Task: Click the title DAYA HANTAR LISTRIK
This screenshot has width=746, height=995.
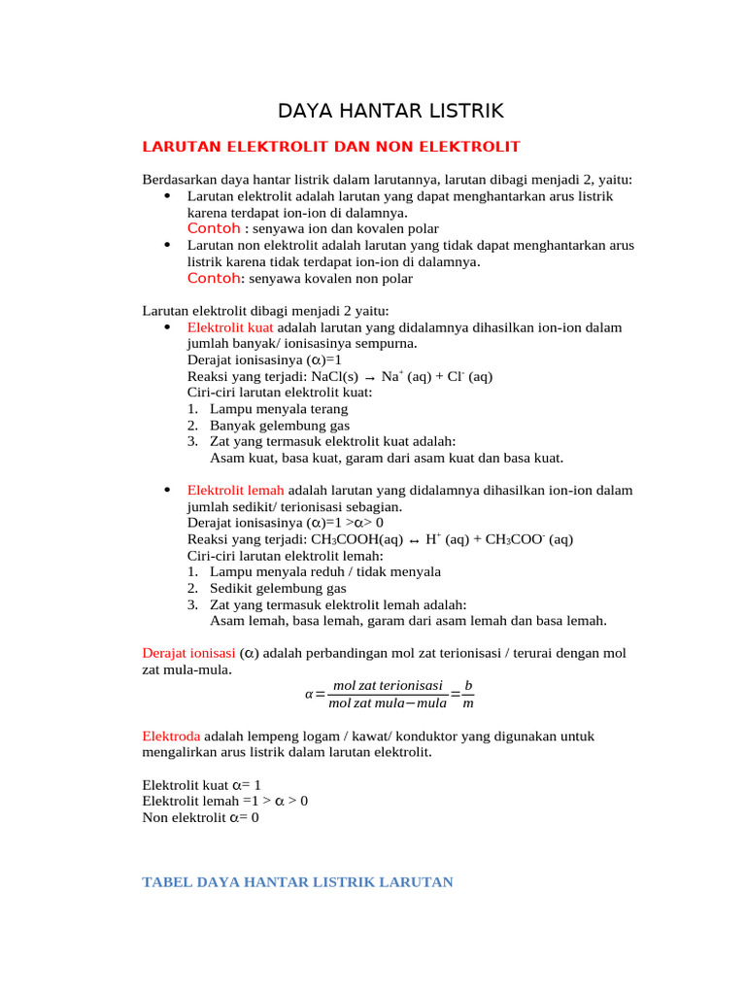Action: [391, 111]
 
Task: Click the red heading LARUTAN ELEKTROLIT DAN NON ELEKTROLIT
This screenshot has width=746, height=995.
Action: [331, 147]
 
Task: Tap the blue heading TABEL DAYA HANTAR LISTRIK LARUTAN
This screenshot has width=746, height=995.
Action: [298, 882]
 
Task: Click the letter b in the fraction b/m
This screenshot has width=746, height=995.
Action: [468, 686]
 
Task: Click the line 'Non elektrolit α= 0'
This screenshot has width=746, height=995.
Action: [201, 817]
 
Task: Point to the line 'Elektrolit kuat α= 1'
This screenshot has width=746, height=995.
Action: [202, 784]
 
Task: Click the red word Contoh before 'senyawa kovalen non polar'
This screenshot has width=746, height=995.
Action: [213, 278]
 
